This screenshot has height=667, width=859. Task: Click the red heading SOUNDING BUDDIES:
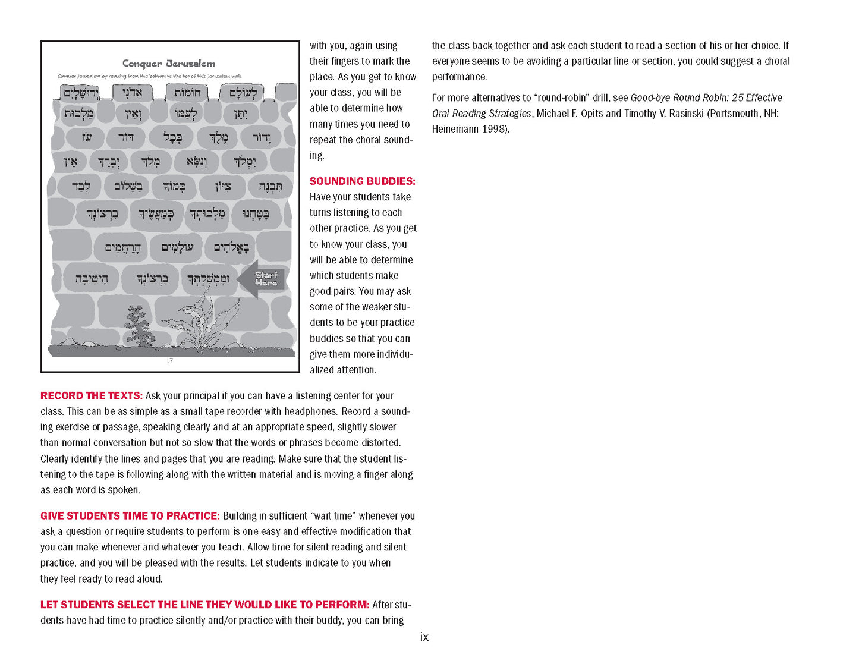point(362,181)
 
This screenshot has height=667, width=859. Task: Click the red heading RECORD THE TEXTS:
point(91,396)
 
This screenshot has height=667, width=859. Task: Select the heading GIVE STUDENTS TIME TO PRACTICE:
point(130,516)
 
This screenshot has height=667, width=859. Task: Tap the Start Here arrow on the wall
point(263,279)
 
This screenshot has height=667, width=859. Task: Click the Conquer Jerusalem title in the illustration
point(169,64)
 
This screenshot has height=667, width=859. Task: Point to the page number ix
point(424,637)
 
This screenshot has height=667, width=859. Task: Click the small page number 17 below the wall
point(170,360)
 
